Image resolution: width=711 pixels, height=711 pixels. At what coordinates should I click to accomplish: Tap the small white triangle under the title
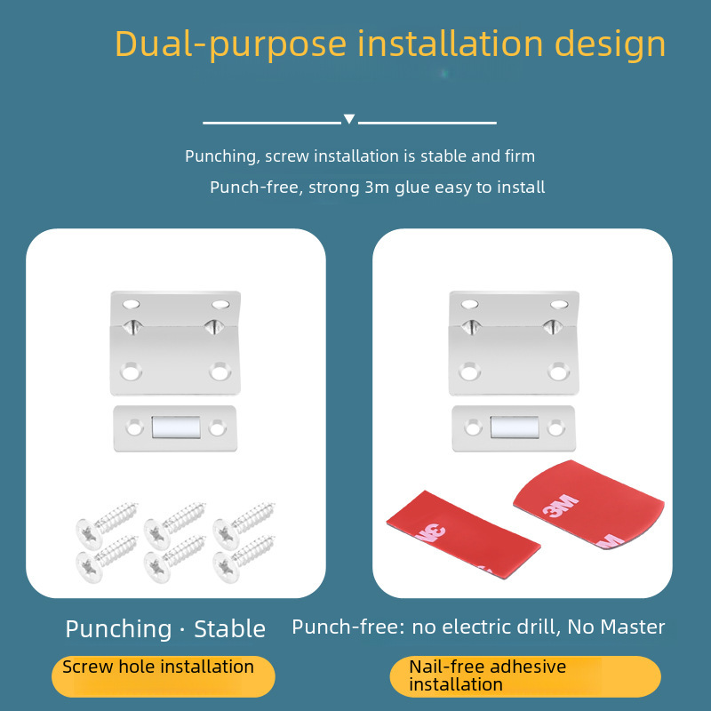(x=349, y=119)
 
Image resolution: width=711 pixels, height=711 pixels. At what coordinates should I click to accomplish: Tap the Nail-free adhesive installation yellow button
(x=524, y=675)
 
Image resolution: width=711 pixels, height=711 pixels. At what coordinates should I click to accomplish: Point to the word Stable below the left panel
(x=229, y=629)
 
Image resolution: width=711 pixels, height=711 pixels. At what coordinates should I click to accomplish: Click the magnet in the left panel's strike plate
(x=175, y=427)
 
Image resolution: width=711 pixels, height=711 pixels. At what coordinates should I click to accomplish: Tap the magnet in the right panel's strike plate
(x=515, y=427)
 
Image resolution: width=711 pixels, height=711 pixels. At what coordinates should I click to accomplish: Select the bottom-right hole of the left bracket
(x=219, y=370)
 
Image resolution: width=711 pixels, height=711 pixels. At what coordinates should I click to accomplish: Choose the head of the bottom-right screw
(x=223, y=562)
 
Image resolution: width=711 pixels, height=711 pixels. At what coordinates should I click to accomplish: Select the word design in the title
(x=611, y=44)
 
